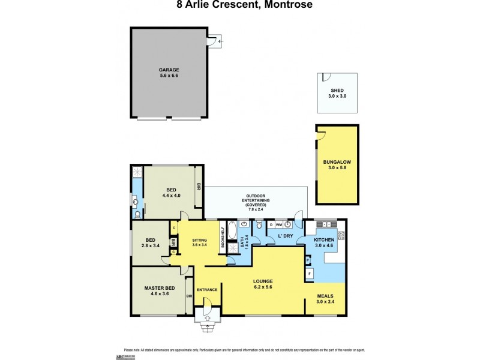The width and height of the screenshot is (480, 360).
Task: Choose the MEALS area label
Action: click(x=325, y=298)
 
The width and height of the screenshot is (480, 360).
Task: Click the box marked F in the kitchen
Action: click(x=310, y=274)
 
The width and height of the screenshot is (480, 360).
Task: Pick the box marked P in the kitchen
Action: click(x=308, y=260)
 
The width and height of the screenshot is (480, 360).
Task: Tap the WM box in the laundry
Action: click(x=279, y=224)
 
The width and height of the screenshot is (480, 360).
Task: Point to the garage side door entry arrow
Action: click(x=220, y=41)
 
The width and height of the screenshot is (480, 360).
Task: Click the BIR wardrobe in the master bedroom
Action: click(x=189, y=296)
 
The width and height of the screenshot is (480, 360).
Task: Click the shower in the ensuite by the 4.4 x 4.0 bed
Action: click(x=136, y=173)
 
